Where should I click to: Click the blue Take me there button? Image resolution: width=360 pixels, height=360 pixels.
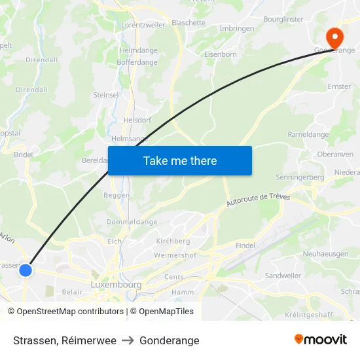180,160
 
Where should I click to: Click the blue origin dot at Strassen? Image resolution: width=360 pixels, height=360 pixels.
26,270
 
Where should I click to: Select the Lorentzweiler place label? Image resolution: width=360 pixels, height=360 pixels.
143,25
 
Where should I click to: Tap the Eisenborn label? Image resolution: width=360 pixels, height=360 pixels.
221,55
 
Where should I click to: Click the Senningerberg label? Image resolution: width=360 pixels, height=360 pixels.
300,177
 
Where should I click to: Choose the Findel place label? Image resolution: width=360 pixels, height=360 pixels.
245,245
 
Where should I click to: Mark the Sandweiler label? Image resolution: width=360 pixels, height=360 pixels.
283,276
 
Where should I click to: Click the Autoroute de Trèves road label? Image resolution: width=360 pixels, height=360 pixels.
258,200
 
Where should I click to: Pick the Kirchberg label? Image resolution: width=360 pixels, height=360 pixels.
173,242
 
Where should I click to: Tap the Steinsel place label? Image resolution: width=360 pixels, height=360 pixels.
105,95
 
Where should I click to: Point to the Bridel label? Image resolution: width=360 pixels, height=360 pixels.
24,155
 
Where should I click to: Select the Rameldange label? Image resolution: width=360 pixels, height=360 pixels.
308,135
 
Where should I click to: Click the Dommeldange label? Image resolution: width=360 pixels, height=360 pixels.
132,222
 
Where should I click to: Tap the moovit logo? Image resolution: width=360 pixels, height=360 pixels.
321,340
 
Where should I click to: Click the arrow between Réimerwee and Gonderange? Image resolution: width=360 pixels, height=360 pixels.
128,340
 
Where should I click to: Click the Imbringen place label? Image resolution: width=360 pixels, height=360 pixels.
236,29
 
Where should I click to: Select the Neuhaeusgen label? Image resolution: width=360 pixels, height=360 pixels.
325,254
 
